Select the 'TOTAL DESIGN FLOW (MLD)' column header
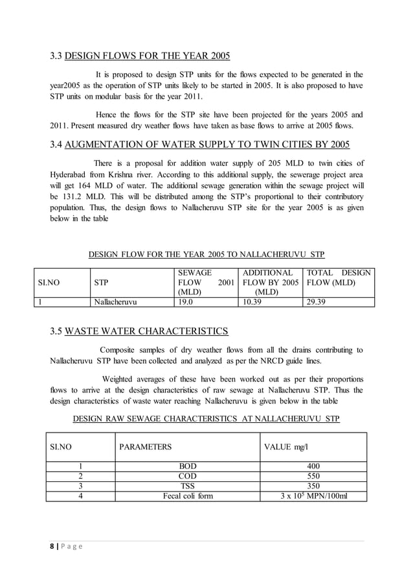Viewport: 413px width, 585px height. click(338, 278)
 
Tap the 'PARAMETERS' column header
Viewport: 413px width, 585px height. click(146, 447)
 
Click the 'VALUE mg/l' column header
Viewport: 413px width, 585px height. click(288, 447)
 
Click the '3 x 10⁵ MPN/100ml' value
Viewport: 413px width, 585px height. click(313, 497)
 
